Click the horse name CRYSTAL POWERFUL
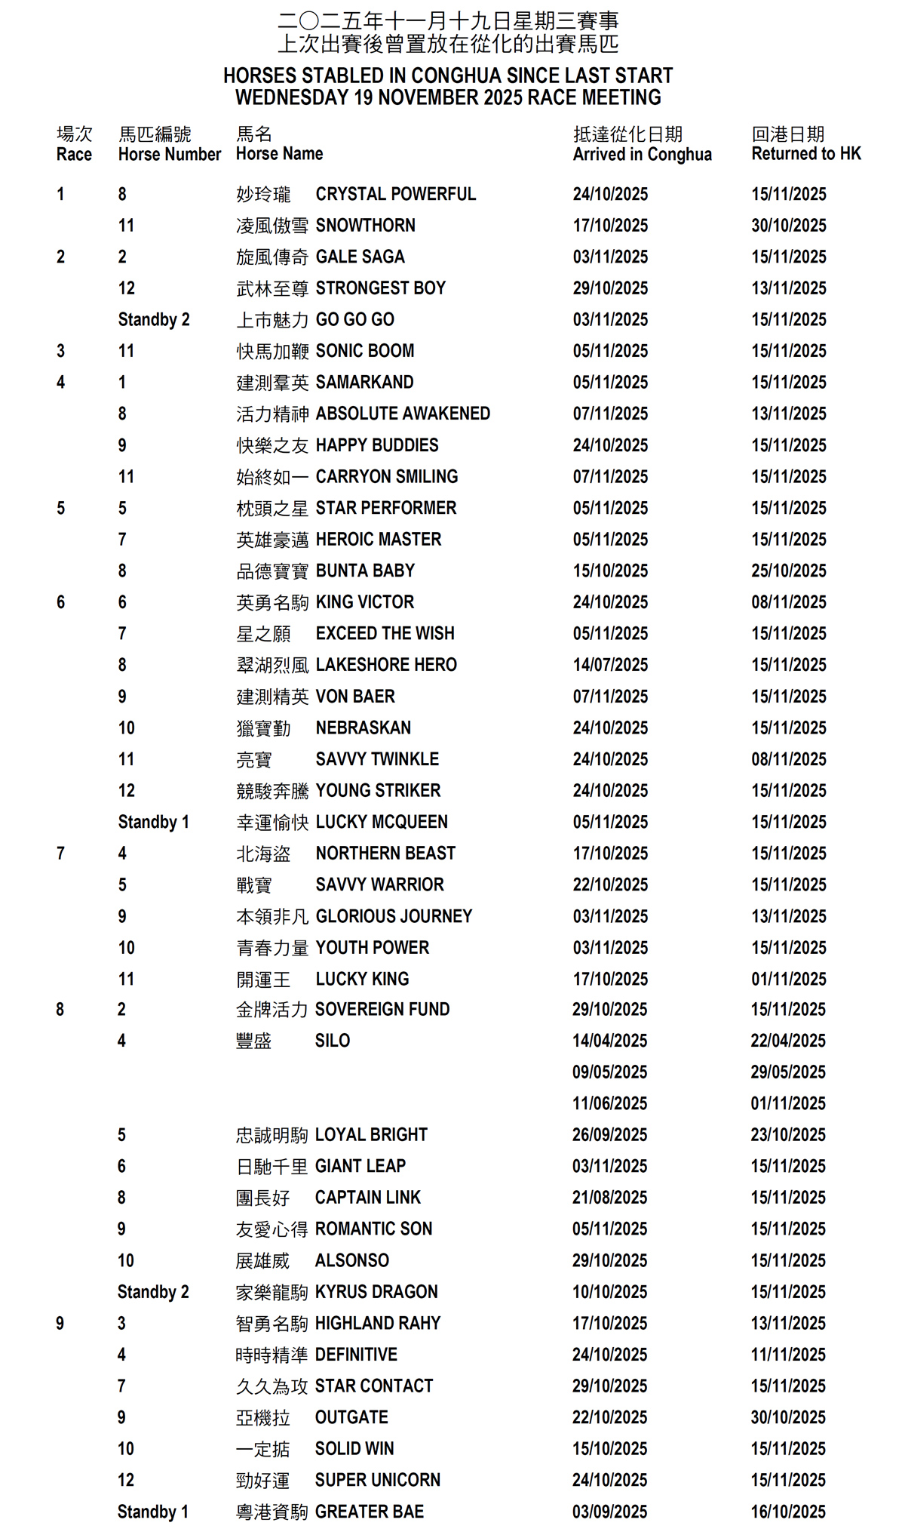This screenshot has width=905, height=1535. [x=395, y=195]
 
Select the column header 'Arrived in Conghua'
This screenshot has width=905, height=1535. [x=642, y=155]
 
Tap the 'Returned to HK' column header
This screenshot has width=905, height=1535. [x=805, y=155]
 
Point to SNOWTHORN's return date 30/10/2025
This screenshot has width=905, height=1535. [x=788, y=226]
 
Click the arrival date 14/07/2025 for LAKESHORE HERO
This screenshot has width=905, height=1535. [x=610, y=665]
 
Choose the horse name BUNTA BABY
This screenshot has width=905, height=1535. [x=365, y=571]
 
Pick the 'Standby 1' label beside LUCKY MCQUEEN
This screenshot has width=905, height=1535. [x=154, y=822]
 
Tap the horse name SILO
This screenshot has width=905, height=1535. [x=333, y=1041]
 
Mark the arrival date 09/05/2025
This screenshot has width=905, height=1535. [x=609, y=1072]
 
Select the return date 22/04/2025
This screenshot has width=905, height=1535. [x=787, y=1041]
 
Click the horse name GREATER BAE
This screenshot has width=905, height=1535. [x=369, y=1512]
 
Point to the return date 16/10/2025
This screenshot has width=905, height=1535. [x=787, y=1512]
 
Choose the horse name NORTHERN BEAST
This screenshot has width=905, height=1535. [x=385, y=854]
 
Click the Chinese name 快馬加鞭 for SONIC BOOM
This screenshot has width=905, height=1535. [x=272, y=352]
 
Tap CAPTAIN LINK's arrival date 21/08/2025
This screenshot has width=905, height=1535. [x=609, y=1198]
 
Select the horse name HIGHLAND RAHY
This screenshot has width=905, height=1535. [x=377, y=1323]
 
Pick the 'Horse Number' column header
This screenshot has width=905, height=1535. [x=170, y=155]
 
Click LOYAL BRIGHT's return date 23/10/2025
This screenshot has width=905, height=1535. [x=787, y=1135]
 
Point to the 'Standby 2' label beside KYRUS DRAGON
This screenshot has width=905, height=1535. [x=153, y=1292]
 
